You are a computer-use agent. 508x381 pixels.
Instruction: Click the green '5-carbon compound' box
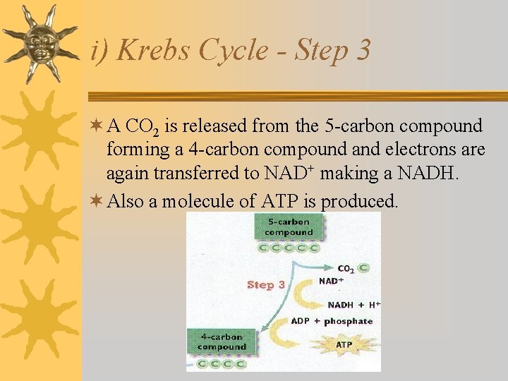coord(289,226)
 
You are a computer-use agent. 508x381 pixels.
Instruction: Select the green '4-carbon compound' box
coord(222,341)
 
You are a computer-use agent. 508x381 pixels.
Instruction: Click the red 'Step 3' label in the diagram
coord(266,285)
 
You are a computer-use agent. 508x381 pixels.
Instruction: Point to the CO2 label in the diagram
coord(346,269)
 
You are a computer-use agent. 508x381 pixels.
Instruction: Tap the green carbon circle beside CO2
coord(363,268)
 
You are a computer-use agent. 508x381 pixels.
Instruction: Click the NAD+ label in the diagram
coord(331,281)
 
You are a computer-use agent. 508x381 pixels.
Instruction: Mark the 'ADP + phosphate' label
coord(332,321)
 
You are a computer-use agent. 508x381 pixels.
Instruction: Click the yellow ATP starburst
coord(344,345)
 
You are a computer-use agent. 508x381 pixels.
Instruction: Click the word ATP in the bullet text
coord(280,202)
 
